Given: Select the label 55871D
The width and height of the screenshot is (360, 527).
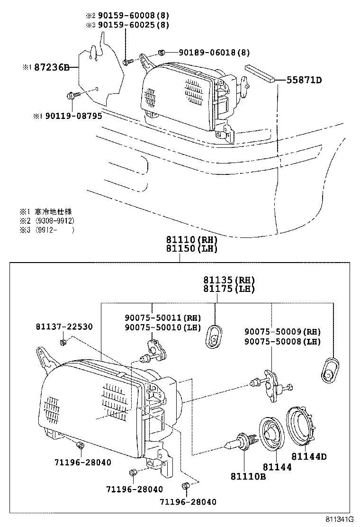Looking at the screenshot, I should pos(304,80).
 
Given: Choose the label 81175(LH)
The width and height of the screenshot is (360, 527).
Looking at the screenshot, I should pos(229,289).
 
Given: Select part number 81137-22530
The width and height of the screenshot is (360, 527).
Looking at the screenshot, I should pos(64,327).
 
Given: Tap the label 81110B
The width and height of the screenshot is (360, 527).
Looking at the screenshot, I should pos(248,476).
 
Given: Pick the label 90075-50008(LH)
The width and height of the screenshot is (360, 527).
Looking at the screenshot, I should pos(282,341).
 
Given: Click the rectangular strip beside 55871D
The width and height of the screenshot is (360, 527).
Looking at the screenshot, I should pos(260,73).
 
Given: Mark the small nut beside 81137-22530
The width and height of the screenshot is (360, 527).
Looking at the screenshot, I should pos(62,341).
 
